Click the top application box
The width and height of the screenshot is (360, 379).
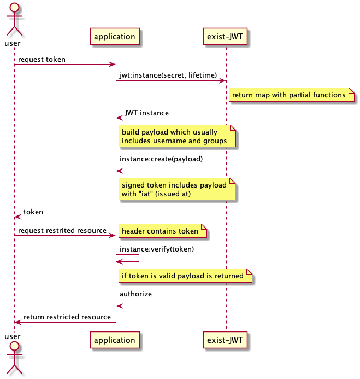[x=115, y=36]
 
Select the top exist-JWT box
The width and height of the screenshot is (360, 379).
[x=225, y=36]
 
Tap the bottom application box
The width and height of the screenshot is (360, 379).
[x=115, y=340]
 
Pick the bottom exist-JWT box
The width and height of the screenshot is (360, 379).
[x=225, y=340]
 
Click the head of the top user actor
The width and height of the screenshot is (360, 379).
[x=14, y=7]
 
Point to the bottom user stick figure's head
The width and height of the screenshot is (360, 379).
[x=14, y=346]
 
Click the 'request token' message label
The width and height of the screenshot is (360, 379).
[x=42, y=60]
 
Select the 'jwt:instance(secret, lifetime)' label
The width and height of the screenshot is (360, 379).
[x=168, y=75]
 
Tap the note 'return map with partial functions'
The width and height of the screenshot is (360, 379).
[x=292, y=95]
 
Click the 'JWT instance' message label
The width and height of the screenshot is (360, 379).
[x=147, y=113]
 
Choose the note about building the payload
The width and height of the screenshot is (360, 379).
[x=177, y=136]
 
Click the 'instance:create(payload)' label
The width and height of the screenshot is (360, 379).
[x=161, y=159]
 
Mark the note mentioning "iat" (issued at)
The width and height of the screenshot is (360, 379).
[x=177, y=189]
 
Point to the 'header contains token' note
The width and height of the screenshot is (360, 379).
[x=162, y=231]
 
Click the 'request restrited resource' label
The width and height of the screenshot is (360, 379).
[x=62, y=231]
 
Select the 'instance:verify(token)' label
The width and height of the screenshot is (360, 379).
[x=157, y=249]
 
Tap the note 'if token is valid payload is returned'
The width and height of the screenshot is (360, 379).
[x=185, y=276]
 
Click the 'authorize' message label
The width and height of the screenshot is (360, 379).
[x=135, y=294]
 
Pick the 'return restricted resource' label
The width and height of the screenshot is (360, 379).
[x=67, y=317]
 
